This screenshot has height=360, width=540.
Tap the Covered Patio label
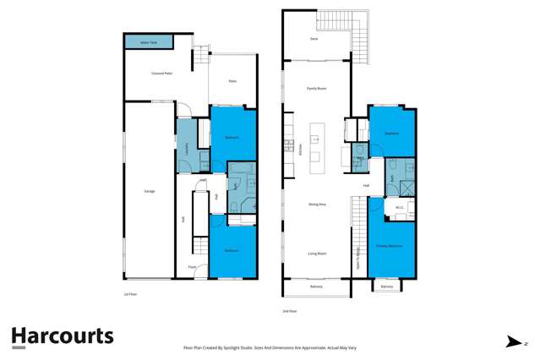click(x=162, y=74)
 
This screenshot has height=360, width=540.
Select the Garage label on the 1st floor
click(x=150, y=192)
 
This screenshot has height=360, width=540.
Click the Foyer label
click(x=192, y=267)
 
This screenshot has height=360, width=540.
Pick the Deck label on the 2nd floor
click(x=314, y=39)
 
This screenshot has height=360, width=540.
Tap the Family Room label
click(x=316, y=88)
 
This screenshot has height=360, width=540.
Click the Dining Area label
click(x=318, y=204)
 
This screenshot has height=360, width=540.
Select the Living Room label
click(x=317, y=253)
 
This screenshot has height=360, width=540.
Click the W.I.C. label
click(x=399, y=206)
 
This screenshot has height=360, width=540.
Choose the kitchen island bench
click(x=316, y=145)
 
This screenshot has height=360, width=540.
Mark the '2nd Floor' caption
click(x=289, y=311)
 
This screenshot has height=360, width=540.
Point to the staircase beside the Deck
click(x=359, y=38)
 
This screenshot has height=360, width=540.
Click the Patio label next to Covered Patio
click(x=232, y=81)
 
